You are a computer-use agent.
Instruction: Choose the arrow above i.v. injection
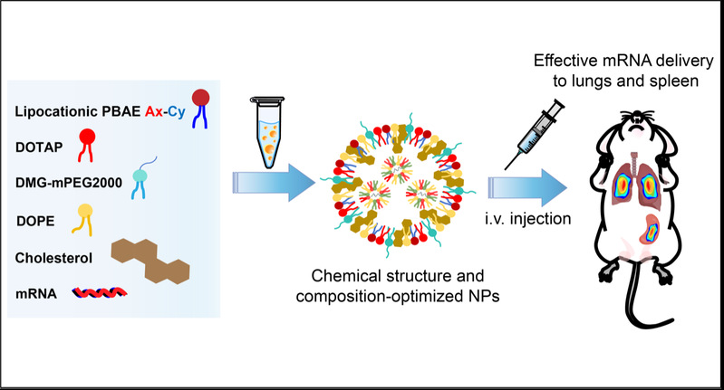[x=533, y=185]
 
